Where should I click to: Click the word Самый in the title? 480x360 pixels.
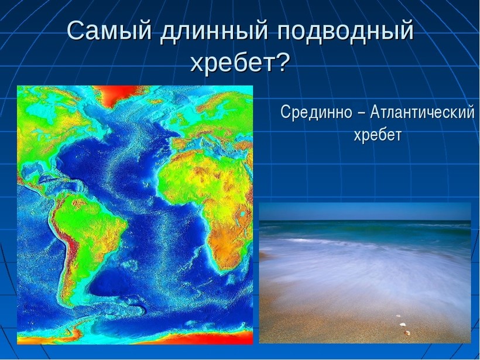pyautogui.click(x=109, y=31)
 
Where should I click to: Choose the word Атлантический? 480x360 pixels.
pyautogui.click(x=423, y=112)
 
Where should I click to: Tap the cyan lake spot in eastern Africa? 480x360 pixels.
pyautogui.click(x=242, y=213)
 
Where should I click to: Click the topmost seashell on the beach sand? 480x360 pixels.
pyautogui.click(x=398, y=316)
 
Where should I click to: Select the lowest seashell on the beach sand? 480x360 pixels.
pyautogui.click(x=407, y=332)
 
